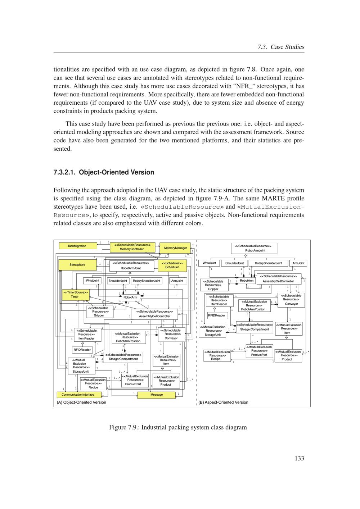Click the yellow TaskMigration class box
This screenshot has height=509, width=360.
(x=77, y=246)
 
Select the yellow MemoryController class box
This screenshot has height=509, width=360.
(x=132, y=247)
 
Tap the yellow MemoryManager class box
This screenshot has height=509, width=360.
(x=175, y=248)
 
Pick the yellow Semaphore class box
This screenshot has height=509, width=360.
(x=77, y=265)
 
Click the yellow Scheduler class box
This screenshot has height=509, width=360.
(x=172, y=265)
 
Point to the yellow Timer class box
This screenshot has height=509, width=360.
(x=75, y=295)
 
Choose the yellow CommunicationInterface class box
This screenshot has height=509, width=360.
(x=78, y=395)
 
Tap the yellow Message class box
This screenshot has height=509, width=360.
(x=157, y=395)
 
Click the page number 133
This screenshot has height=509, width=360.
(x=299, y=458)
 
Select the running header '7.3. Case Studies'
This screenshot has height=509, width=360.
(x=281, y=47)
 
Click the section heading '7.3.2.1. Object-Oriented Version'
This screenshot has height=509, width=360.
(x=104, y=172)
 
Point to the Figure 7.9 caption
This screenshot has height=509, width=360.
(x=178, y=427)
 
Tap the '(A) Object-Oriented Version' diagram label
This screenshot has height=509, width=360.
(x=81, y=402)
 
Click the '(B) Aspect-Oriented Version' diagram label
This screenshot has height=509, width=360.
(x=223, y=402)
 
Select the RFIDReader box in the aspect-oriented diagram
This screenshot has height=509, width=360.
(x=216, y=315)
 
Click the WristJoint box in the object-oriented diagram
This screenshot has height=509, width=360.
(x=93, y=281)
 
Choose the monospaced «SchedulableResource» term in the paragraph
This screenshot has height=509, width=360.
(x=182, y=207)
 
